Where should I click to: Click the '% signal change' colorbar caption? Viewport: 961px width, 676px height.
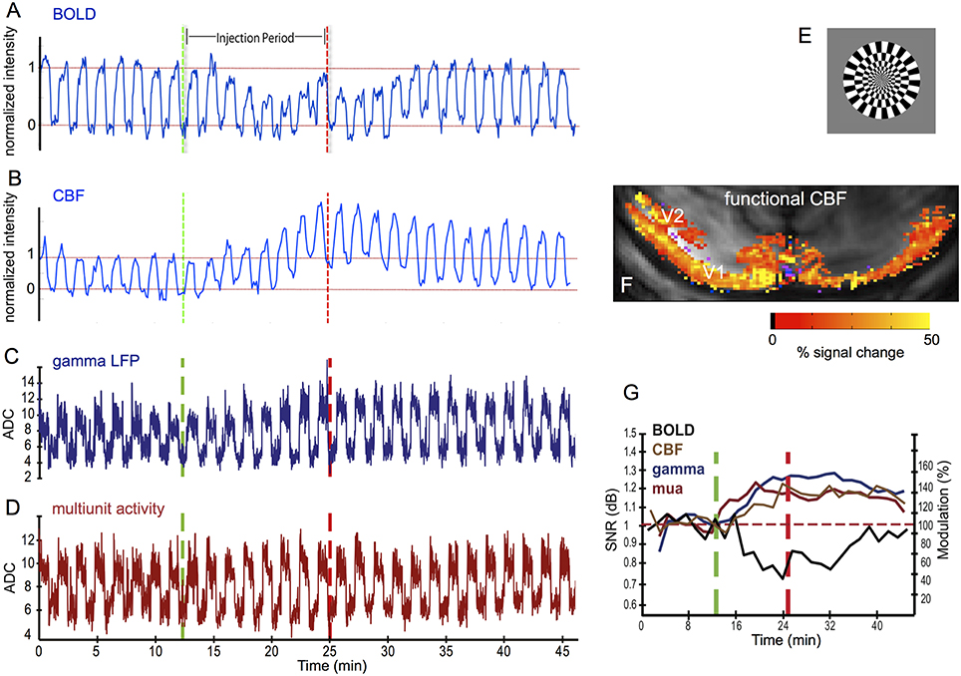click(850, 354)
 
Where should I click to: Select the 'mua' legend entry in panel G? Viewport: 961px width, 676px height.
click(666, 490)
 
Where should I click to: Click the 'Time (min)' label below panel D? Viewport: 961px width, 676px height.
click(305, 664)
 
